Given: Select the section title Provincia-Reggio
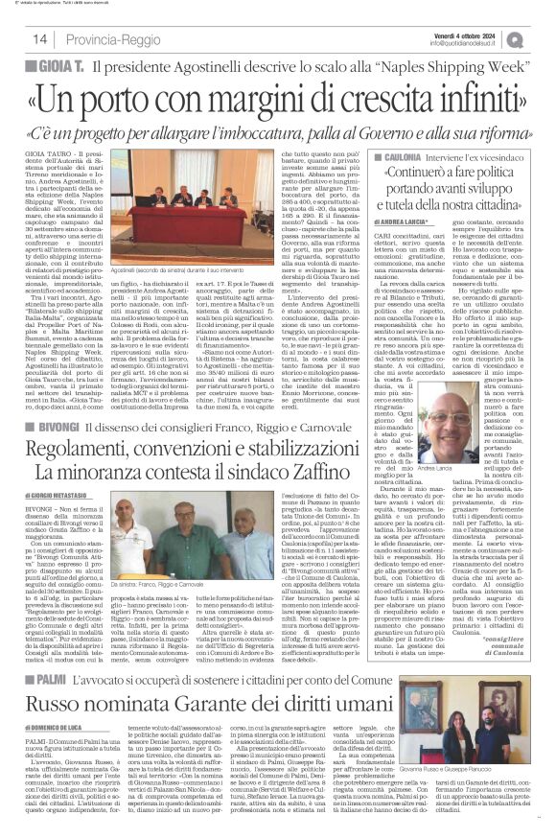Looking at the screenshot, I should (x=104, y=39).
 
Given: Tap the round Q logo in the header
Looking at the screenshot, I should (x=542, y=36).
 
